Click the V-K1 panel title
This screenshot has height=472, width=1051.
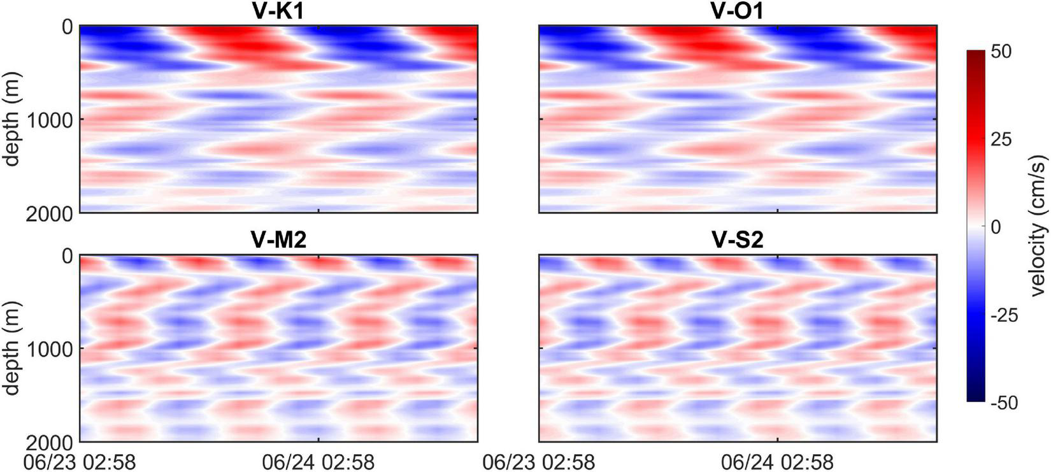[x=278, y=10]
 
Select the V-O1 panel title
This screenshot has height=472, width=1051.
[x=738, y=10]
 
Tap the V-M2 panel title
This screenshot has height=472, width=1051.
[x=278, y=240]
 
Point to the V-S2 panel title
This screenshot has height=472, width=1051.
[x=738, y=240]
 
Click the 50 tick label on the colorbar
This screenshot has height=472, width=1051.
[x=1001, y=52]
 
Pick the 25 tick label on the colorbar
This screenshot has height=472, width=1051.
[x=1001, y=139]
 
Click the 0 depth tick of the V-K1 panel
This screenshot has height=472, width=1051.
[x=66, y=27]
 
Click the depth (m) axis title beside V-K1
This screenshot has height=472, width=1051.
[x=13, y=120]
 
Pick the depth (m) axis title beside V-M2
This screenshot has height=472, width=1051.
[x=13, y=348]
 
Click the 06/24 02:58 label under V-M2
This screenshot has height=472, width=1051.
[x=318, y=461]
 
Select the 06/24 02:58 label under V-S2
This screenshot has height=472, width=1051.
[x=778, y=461]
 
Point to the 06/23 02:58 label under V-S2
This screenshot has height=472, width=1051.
[x=539, y=461]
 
